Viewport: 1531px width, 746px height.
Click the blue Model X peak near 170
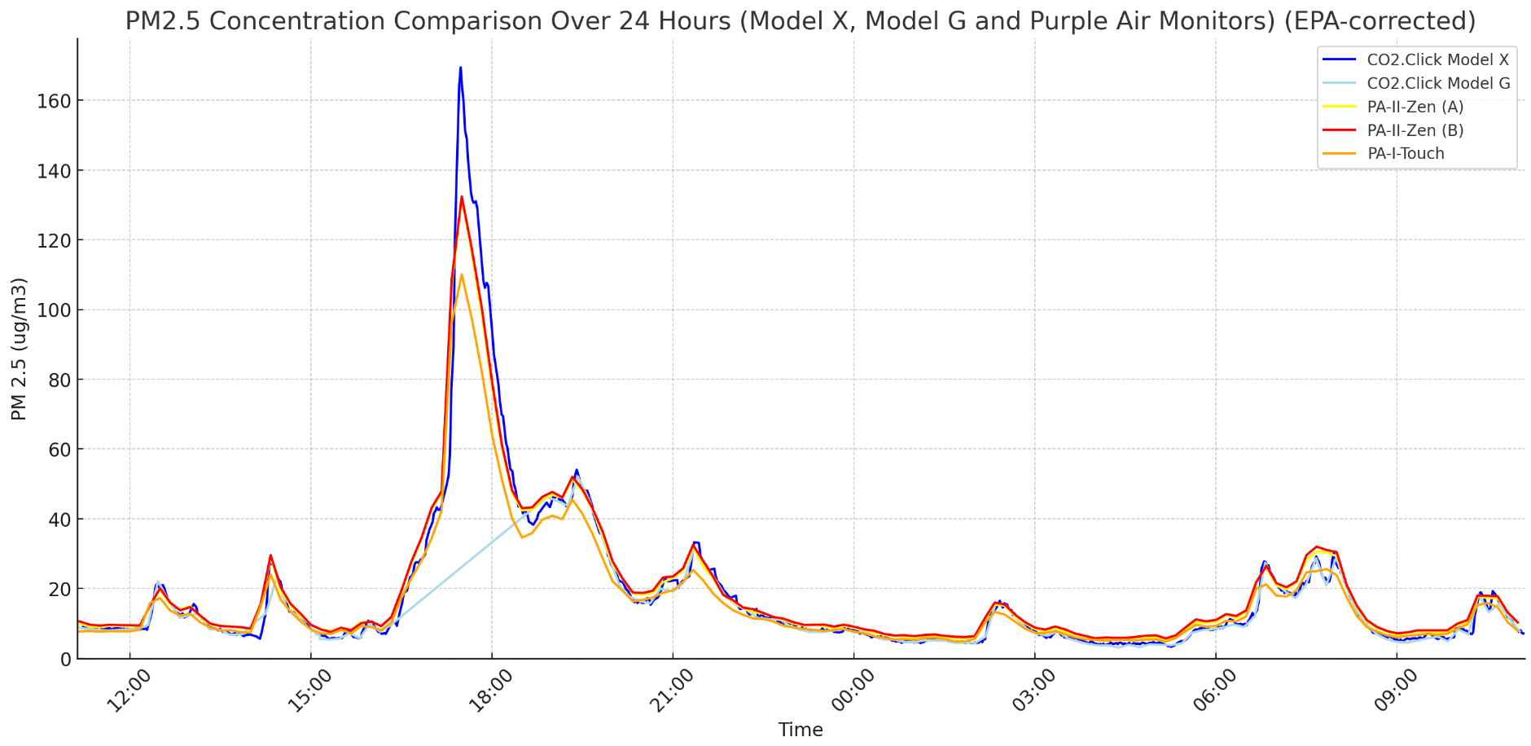(x=460, y=68)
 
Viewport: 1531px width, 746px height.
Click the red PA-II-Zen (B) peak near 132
(x=461, y=196)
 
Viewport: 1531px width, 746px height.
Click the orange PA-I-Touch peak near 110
(x=461, y=274)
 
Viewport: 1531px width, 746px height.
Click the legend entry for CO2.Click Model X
(x=1437, y=59)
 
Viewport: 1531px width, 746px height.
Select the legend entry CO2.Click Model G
(x=1437, y=83)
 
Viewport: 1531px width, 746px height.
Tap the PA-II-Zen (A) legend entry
(x=1415, y=107)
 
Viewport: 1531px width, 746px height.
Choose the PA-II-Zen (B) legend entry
(x=1415, y=130)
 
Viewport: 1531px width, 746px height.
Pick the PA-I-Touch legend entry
(x=1406, y=154)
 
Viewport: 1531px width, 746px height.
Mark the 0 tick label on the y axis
(x=65, y=659)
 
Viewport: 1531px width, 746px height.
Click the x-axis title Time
(x=800, y=730)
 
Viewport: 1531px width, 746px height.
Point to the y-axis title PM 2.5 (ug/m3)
(x=19, y=349)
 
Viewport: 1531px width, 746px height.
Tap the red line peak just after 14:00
(x=270, y=555)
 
